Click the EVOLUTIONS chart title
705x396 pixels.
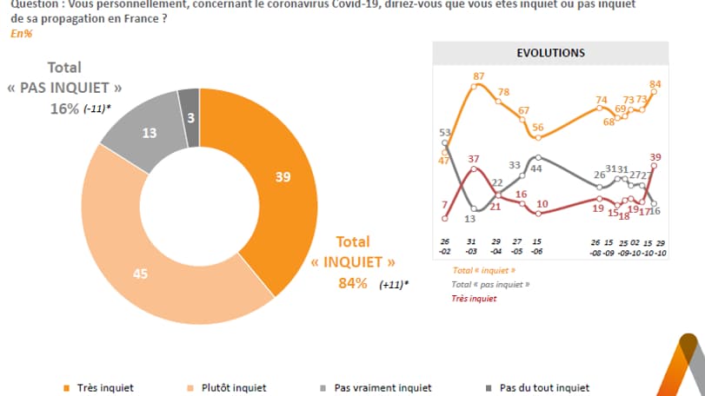[x=550, y=52]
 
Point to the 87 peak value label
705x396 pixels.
[x=478, y=76]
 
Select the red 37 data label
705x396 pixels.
[x=473, y=158]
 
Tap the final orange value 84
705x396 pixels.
[x=656, y=83]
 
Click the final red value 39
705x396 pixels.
[x=656, y=157]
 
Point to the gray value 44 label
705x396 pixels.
[x=537, y=168]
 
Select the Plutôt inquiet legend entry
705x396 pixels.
[x=232, y=387]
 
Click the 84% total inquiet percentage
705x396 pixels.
[x=354, y=283]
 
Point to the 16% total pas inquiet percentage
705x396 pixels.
[x=63, y=109]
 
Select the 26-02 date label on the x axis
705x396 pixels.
[x=444, y=246]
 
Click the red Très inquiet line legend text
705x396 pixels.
[x=474, y=299]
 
